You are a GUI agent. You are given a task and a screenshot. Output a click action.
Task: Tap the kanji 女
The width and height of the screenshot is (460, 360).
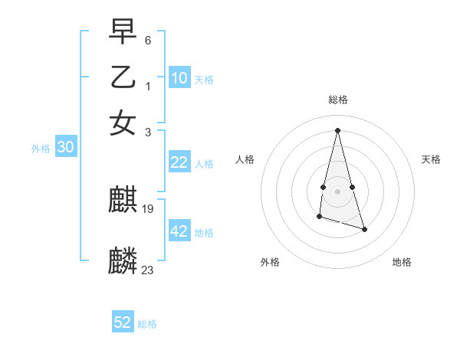click(123, 123)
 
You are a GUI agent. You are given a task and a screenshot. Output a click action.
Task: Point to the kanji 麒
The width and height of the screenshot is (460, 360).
click(123, 201)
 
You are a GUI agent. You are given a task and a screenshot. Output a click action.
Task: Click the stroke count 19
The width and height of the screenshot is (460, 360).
click(149, 208)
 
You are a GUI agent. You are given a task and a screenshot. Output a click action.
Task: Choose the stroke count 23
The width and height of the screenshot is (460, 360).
click(148, 270)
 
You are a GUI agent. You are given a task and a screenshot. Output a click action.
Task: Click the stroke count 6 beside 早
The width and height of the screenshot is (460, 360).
click(147, 40)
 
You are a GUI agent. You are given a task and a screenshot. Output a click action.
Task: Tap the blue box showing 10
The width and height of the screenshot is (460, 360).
click(179, 78)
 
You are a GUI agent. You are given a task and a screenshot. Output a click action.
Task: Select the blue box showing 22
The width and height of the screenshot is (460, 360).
click(179, 162)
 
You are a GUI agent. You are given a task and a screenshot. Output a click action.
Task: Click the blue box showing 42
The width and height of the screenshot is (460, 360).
click(179, 232)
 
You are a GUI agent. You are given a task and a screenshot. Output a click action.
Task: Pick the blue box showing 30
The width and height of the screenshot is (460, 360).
click(65, 148)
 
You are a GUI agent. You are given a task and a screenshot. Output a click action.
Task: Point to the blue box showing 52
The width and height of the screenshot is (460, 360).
click(123, 322)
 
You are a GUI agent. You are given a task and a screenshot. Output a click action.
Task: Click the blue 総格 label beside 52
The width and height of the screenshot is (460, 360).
click(147, 324)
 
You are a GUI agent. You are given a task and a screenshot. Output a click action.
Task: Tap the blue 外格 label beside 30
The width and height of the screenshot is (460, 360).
click(41, 149)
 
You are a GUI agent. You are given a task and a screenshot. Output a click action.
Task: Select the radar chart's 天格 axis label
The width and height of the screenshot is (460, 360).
click(431, 159)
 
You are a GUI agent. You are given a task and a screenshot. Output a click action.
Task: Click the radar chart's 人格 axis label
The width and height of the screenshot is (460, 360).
click(245, 159)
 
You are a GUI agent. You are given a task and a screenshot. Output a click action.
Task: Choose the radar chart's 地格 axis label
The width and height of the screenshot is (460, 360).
click(402, 262)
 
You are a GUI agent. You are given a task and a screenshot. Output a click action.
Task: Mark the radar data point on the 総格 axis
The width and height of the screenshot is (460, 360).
click(337, 129)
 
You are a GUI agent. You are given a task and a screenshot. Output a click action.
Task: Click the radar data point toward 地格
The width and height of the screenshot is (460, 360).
click(364, 229)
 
